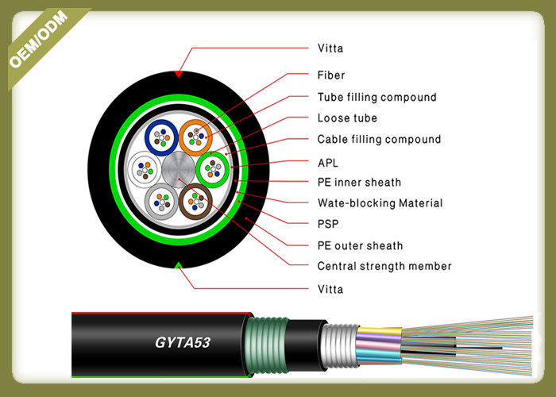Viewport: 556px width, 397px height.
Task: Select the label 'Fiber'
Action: (330, 76)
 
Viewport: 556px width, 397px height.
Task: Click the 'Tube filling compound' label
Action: (376, 98)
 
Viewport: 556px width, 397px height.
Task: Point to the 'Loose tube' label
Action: (347, 118)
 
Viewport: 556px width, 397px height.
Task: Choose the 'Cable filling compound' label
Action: (379, 140)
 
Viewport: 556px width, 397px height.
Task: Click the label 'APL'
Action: (328, 161)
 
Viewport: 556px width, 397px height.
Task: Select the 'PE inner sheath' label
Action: (359, 183)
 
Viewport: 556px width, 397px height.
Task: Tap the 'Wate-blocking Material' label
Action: (380, 203)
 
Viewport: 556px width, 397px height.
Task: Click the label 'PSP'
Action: (328, 225)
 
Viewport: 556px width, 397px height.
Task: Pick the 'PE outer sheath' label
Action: (360, 246)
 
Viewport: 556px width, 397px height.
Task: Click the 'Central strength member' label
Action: (384, 266)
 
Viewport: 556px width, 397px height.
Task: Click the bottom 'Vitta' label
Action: (330, 289)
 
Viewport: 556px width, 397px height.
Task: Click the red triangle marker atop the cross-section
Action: (180, 74)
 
